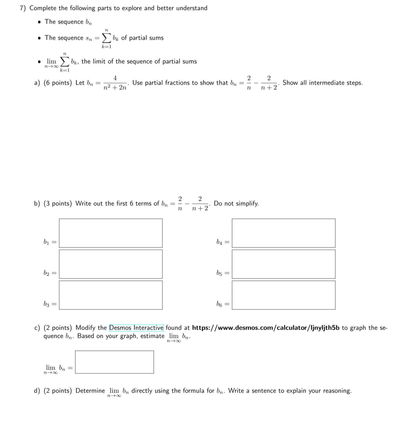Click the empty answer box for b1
[x=111, y=233]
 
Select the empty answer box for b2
[x=111, y=264]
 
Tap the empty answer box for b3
[x=111, y=295]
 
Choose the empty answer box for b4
[x=284, y=233]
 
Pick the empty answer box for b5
[x=284, y=264]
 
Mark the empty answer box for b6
[x=284, y=295]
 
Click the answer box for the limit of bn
[x=114, y=362]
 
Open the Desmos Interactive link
[x=136, y=328]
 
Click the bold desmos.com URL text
[x=266, y=328]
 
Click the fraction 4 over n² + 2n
[x=115, y=83]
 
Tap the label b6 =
[x=223, y=304]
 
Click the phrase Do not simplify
[x=236, y=203]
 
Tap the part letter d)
[x=37, y=391]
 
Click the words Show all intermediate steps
[x=322, y=83]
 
